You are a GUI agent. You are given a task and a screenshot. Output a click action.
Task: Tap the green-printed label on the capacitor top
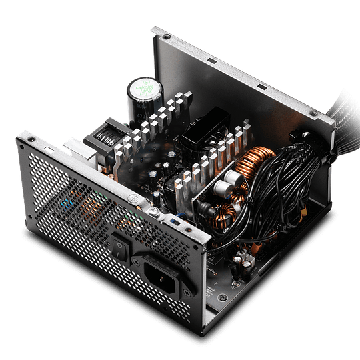[143, 87]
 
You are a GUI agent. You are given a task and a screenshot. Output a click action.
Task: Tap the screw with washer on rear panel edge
[154, 213]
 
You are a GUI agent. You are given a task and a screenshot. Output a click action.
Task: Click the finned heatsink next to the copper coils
[213, 160]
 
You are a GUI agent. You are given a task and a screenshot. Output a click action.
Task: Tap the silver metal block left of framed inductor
[78, 148]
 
